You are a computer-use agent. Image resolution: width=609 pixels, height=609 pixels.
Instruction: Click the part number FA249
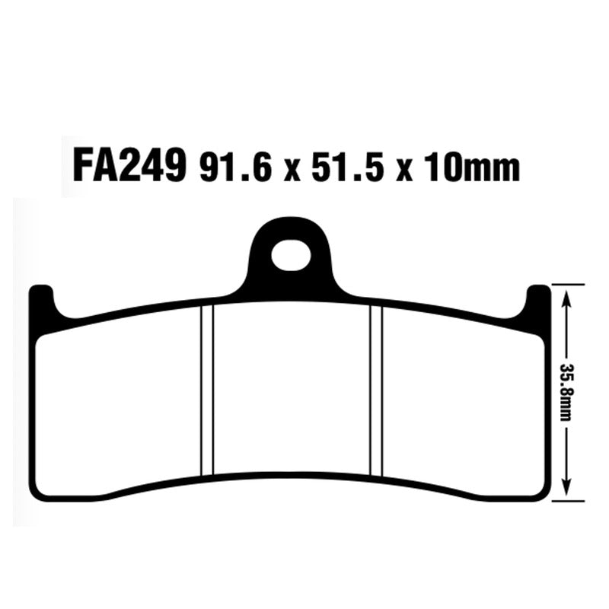(129, 165)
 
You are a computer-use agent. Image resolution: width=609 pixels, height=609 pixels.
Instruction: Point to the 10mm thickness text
(473, 167)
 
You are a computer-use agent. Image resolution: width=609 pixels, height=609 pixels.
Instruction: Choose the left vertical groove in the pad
(206, 388)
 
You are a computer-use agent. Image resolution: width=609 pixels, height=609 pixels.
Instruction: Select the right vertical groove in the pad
(375, 388)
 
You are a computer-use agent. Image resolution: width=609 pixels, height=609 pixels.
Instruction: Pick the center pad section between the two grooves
(291, 388)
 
